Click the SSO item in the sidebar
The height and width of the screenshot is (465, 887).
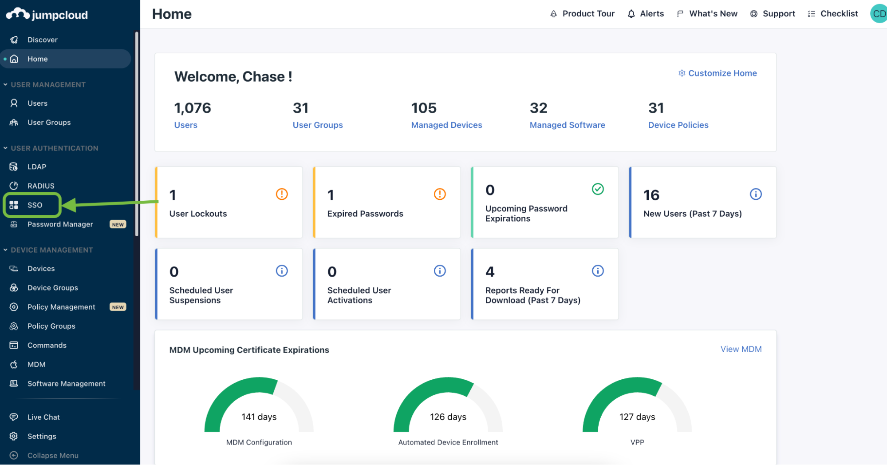pyautogui.click(x=35, y=205)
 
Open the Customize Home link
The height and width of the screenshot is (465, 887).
pyautogui.click(x=717, y=73)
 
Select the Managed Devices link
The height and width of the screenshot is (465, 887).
pyautogui.click(x=446, y=125)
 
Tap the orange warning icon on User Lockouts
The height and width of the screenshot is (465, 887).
pyautogui.click(x=282, y=194)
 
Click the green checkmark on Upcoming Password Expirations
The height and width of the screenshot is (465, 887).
pyautogui.click(x=598, y=189)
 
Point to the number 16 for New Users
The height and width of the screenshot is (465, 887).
pyautogui.click(x=651, y=195)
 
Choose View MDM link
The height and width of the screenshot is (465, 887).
pyautogui.click(x=741, y=349)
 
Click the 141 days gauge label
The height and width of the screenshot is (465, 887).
pyautogui.click(x=259, y=417)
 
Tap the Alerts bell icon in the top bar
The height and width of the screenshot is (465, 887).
pyautogui.click(x=631, y=14)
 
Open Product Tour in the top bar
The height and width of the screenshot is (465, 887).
pyautogui.click(x=582, y=14)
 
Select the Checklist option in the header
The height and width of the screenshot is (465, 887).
pyautogui.click(x=833, y=14)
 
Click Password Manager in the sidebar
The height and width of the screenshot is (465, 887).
pyautogui.click(x=60, y=224)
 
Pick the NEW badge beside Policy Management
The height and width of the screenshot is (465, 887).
pyautogui.click(x=118, y=307)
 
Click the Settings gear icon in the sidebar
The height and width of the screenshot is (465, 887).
pyautogui.click(x=14, y=436)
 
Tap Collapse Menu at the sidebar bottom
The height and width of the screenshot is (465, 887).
pyautogui.click(x=53, y=456)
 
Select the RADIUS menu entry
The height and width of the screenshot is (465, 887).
pyautogui.click(x=41, y=186)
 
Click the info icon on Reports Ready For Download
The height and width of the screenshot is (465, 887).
pyautogui.click(x=598, y=271)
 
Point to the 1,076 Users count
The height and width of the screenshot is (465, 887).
pyautogui.click(x=193, y=108)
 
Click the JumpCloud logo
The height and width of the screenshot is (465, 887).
pyautogui.click(x=47, y=15)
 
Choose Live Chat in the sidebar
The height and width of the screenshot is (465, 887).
pyautogui.click(x=43, y=417)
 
